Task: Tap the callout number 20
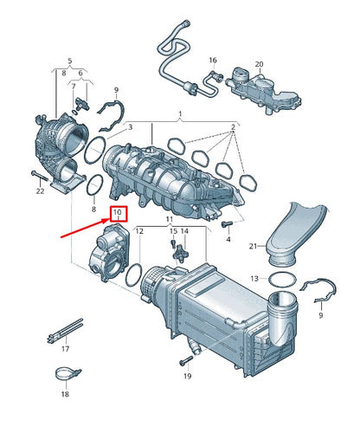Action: (x=259, y=64)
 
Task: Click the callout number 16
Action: (x=212, y=60)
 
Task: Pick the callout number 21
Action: (x=254, y=247)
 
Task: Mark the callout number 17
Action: (x=65, y=348)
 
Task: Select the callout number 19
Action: (x=187, y=378)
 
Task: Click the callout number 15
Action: (x=173, y=232)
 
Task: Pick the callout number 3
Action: (x=130, y=127)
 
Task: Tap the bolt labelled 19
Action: (x=186, y=359)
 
